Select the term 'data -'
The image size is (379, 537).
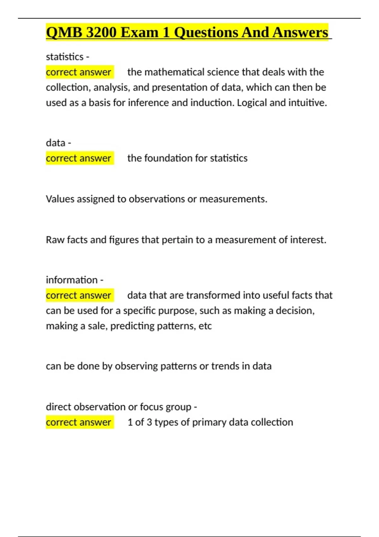[58, 143]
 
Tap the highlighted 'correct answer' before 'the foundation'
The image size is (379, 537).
[79, 158]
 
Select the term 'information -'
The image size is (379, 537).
[75, 280]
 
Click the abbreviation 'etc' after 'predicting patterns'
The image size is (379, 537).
[205, 326]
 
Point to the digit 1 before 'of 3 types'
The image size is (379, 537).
[130, 422]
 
